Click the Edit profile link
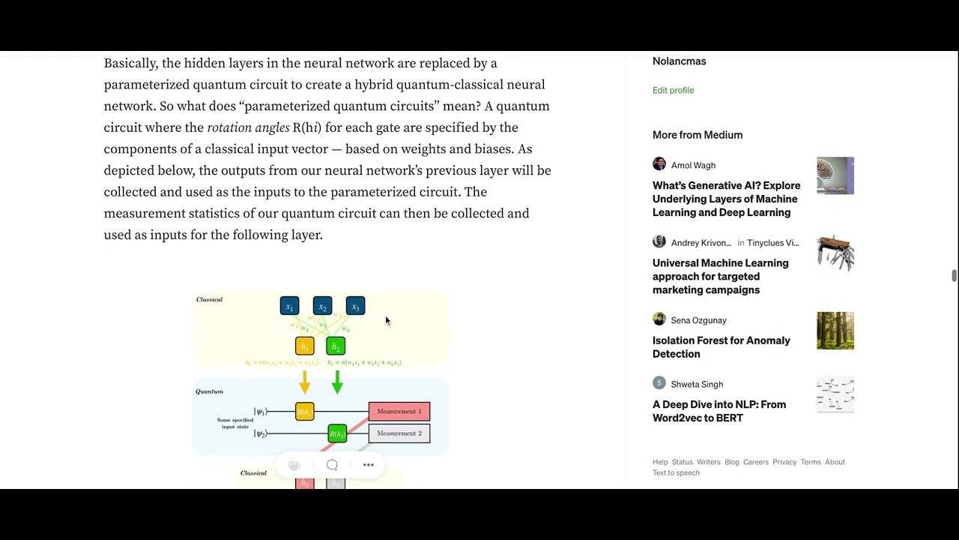click(673, 90)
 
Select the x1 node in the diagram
click(289, 306)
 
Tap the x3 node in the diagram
click(355, 306)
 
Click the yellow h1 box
click(304, 346)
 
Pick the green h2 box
click(336, 346)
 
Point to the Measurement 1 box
click(399, 411)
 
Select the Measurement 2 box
click(399, 433)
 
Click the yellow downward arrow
click(304, 382)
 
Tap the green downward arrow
click(337, 382)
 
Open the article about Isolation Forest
click(721, 347)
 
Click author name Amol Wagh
click(693, 165)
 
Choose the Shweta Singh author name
click(697, 384)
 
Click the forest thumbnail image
click(835, 331)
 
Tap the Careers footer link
click(755, 462)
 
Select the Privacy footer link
click(784, 462)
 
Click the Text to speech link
click(676, 472)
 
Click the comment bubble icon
click(332, 465)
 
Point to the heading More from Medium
click(698, 135)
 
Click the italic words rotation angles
click(248, 127)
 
